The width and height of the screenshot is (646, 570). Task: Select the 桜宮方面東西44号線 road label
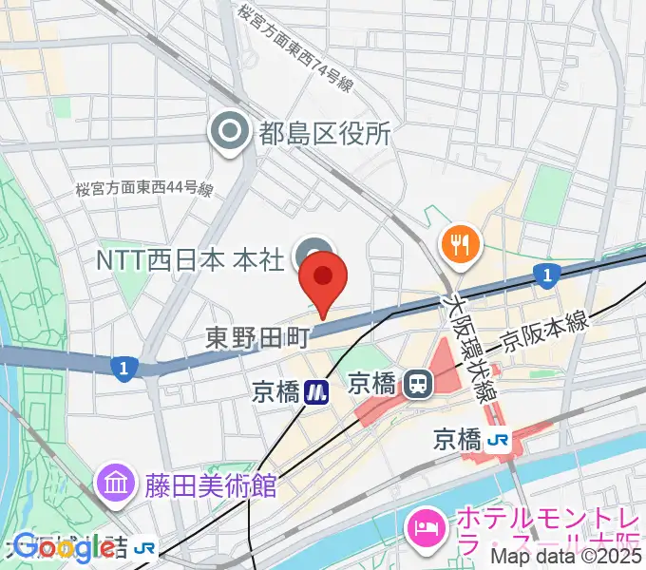[144, 190]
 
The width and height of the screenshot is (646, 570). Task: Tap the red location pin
[323, 277]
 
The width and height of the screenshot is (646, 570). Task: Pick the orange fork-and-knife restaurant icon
[460, 244]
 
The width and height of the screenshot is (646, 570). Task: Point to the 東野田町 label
[258, 335]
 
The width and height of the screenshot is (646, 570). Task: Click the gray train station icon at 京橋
[416, 384]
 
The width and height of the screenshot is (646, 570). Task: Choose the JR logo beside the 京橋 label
[497, 440]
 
